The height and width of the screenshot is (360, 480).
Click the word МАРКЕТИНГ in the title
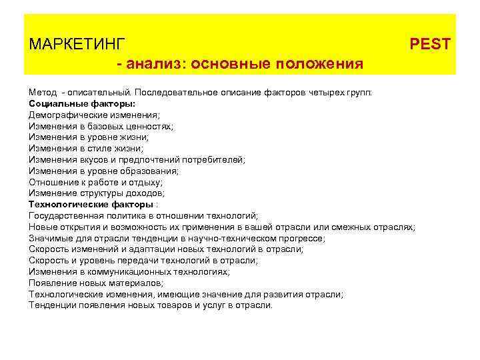click(77, 45)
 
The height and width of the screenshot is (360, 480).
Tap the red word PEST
click(430, 45)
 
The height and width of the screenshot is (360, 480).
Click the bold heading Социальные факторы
click(82, 104)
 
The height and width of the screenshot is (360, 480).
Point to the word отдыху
click(145, 182)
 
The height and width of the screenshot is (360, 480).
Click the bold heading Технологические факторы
click(91, 205)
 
